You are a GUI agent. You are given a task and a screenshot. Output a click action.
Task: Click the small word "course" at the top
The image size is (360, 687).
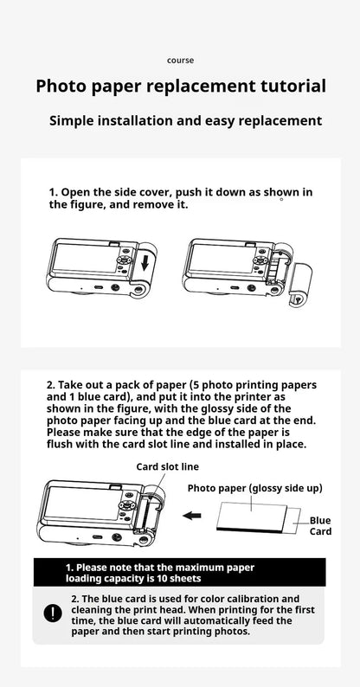pos(180,60)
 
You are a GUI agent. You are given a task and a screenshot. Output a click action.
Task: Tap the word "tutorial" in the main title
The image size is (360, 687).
pos(287,86)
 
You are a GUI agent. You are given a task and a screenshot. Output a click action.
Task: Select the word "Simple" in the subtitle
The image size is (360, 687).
pos(79,120)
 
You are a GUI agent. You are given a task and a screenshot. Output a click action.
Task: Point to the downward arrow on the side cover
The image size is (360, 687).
pos(147,263)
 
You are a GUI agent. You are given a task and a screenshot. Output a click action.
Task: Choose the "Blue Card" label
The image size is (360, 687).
pos(320,525)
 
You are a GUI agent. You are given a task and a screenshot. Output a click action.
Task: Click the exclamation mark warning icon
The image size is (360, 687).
pos(51,613)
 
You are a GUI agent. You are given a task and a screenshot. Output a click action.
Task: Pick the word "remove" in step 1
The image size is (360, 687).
pos(157,204)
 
